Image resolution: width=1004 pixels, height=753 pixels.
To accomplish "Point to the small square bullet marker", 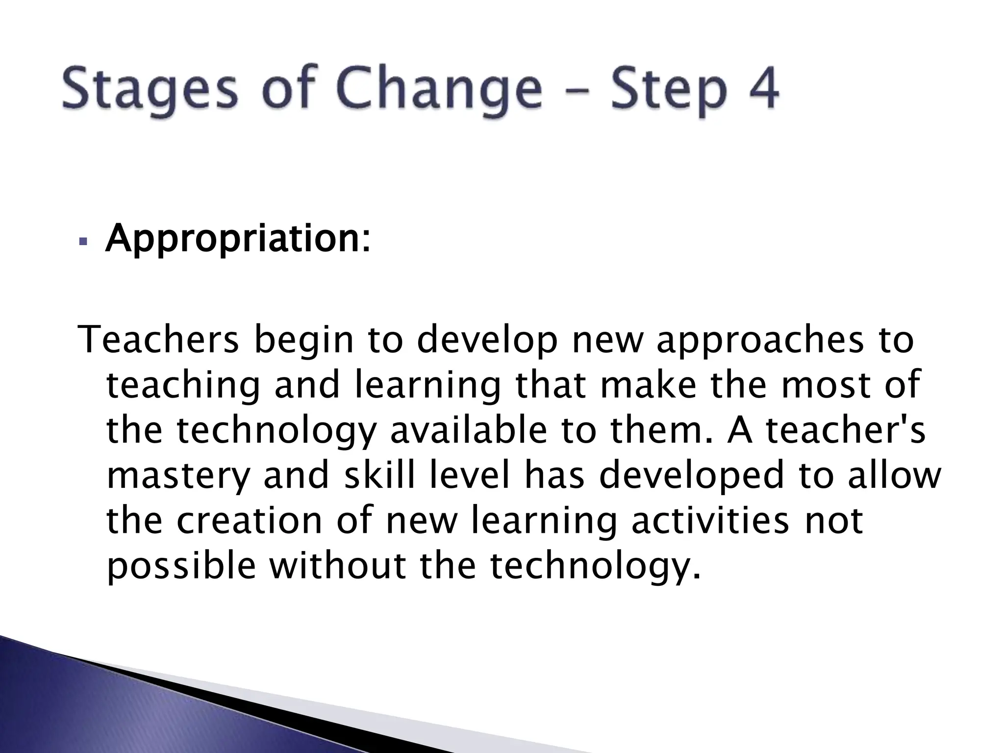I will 83,242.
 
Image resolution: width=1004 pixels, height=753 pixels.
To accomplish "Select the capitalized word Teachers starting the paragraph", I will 159,340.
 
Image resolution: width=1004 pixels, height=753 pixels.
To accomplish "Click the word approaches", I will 760,340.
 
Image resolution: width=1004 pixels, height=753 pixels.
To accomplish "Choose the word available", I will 468,430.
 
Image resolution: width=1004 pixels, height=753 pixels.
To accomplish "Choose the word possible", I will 181,566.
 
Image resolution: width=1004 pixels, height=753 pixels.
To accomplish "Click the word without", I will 338,566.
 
